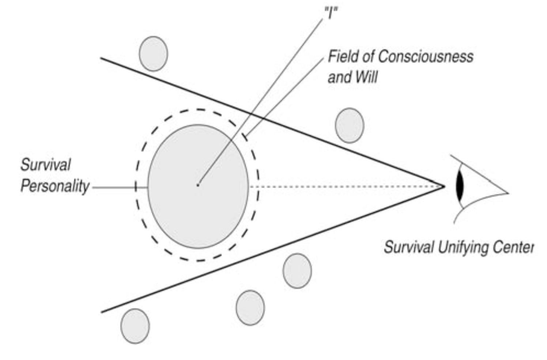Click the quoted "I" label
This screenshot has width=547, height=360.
[331, 13]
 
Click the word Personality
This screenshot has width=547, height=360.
[55, 186]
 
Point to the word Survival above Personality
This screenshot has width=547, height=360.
[46, 165]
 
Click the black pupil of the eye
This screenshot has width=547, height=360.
[460, 186]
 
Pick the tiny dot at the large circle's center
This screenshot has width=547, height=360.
[198, 185]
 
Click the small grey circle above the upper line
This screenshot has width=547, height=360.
[154, 53]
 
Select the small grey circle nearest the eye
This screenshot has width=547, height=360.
[350, 125]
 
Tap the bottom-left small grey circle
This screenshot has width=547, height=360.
[135, 326]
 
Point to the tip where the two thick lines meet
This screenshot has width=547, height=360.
[444, 186]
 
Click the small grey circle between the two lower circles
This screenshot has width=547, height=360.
[250, 308]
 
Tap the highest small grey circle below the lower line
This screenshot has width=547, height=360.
[297, 271]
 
